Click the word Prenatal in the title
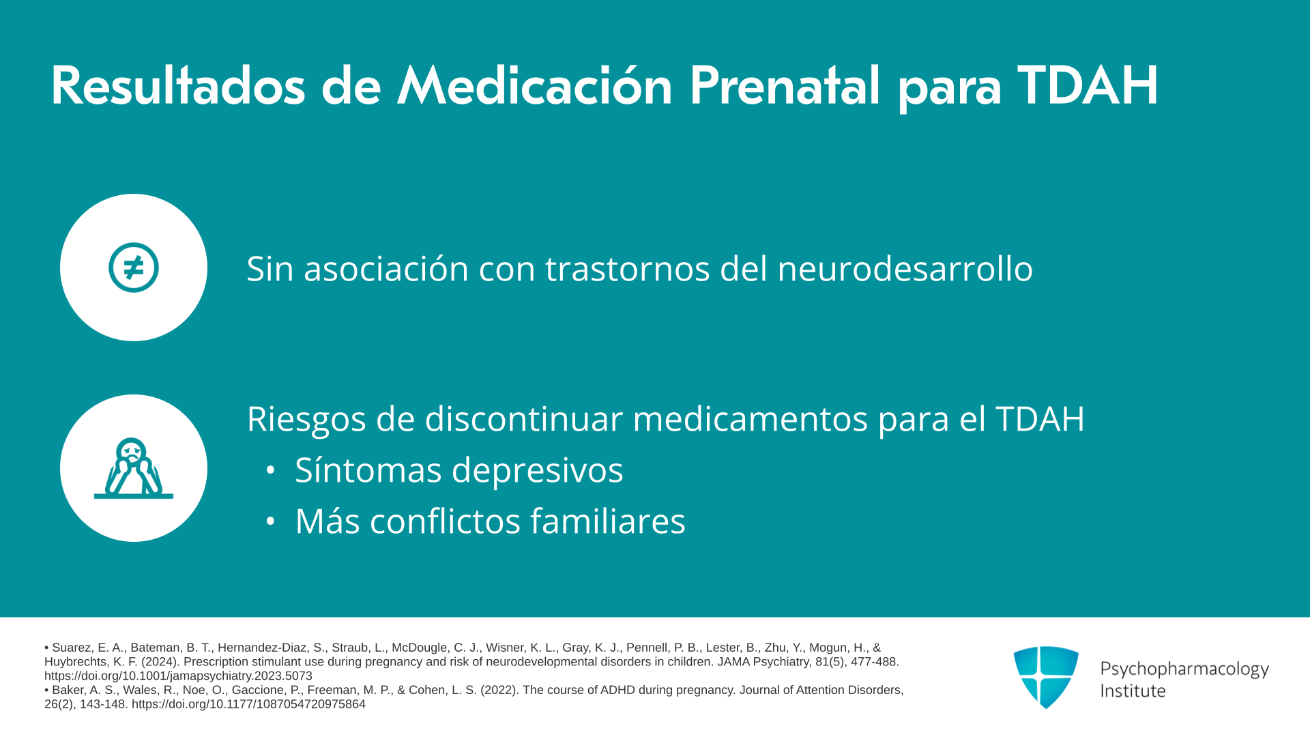coord(785,87)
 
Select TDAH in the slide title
coord(1088,86)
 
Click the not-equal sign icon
coord(134,268)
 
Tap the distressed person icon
coord(134,468)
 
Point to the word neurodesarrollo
coord(905,268)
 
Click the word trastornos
coord(628,269)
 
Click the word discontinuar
coord(523,418)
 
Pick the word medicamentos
coord(751,418)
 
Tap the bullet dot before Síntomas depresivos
coord(271,470)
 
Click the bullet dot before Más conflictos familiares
coord(271,521)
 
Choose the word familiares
coord(608,521)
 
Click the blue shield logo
coord(1046,677)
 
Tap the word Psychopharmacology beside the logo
coord(1184,669)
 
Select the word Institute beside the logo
coord(1133,691)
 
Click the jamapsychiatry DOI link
coord(178,676)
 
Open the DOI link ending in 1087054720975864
coord(248,704)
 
